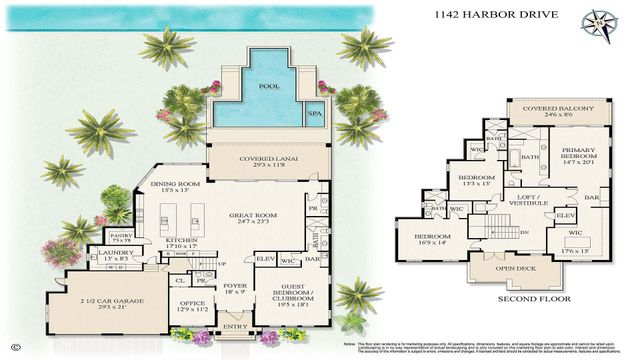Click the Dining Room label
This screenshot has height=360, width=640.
coord(175,186)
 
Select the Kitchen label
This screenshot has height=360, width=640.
coord(182,243)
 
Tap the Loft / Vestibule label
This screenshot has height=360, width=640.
coord(524,201)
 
